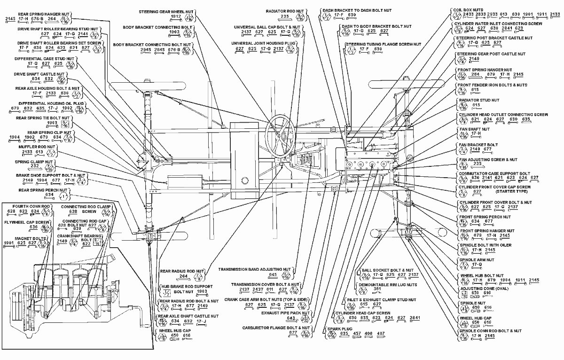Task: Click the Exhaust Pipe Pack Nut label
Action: (286, 312)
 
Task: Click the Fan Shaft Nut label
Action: (473, 129)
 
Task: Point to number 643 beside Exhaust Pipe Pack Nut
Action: (291, 319)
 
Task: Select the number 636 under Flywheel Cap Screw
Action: (33, 227)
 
